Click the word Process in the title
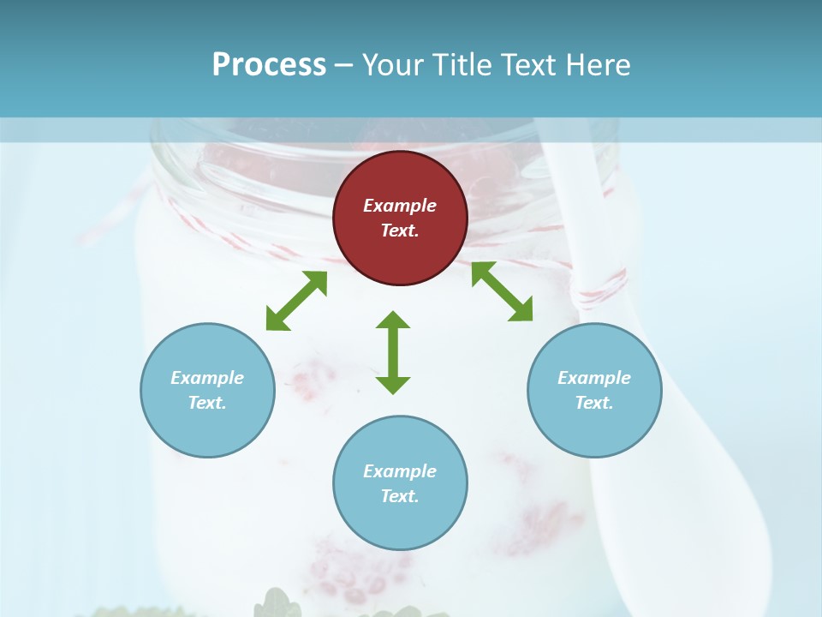tap(269, 65)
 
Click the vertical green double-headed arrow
tap(393, 352)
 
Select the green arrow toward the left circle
tap(296, 301)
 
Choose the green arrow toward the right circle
tap(502, 291)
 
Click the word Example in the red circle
tap(400, 206)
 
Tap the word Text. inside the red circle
tap(400, 231)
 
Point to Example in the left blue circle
tap(207, 378)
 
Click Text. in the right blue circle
tap(594, 403)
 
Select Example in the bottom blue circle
tap(400, 471)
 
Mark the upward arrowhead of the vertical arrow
tap(393, 320)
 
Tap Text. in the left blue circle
tap(207, 403)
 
